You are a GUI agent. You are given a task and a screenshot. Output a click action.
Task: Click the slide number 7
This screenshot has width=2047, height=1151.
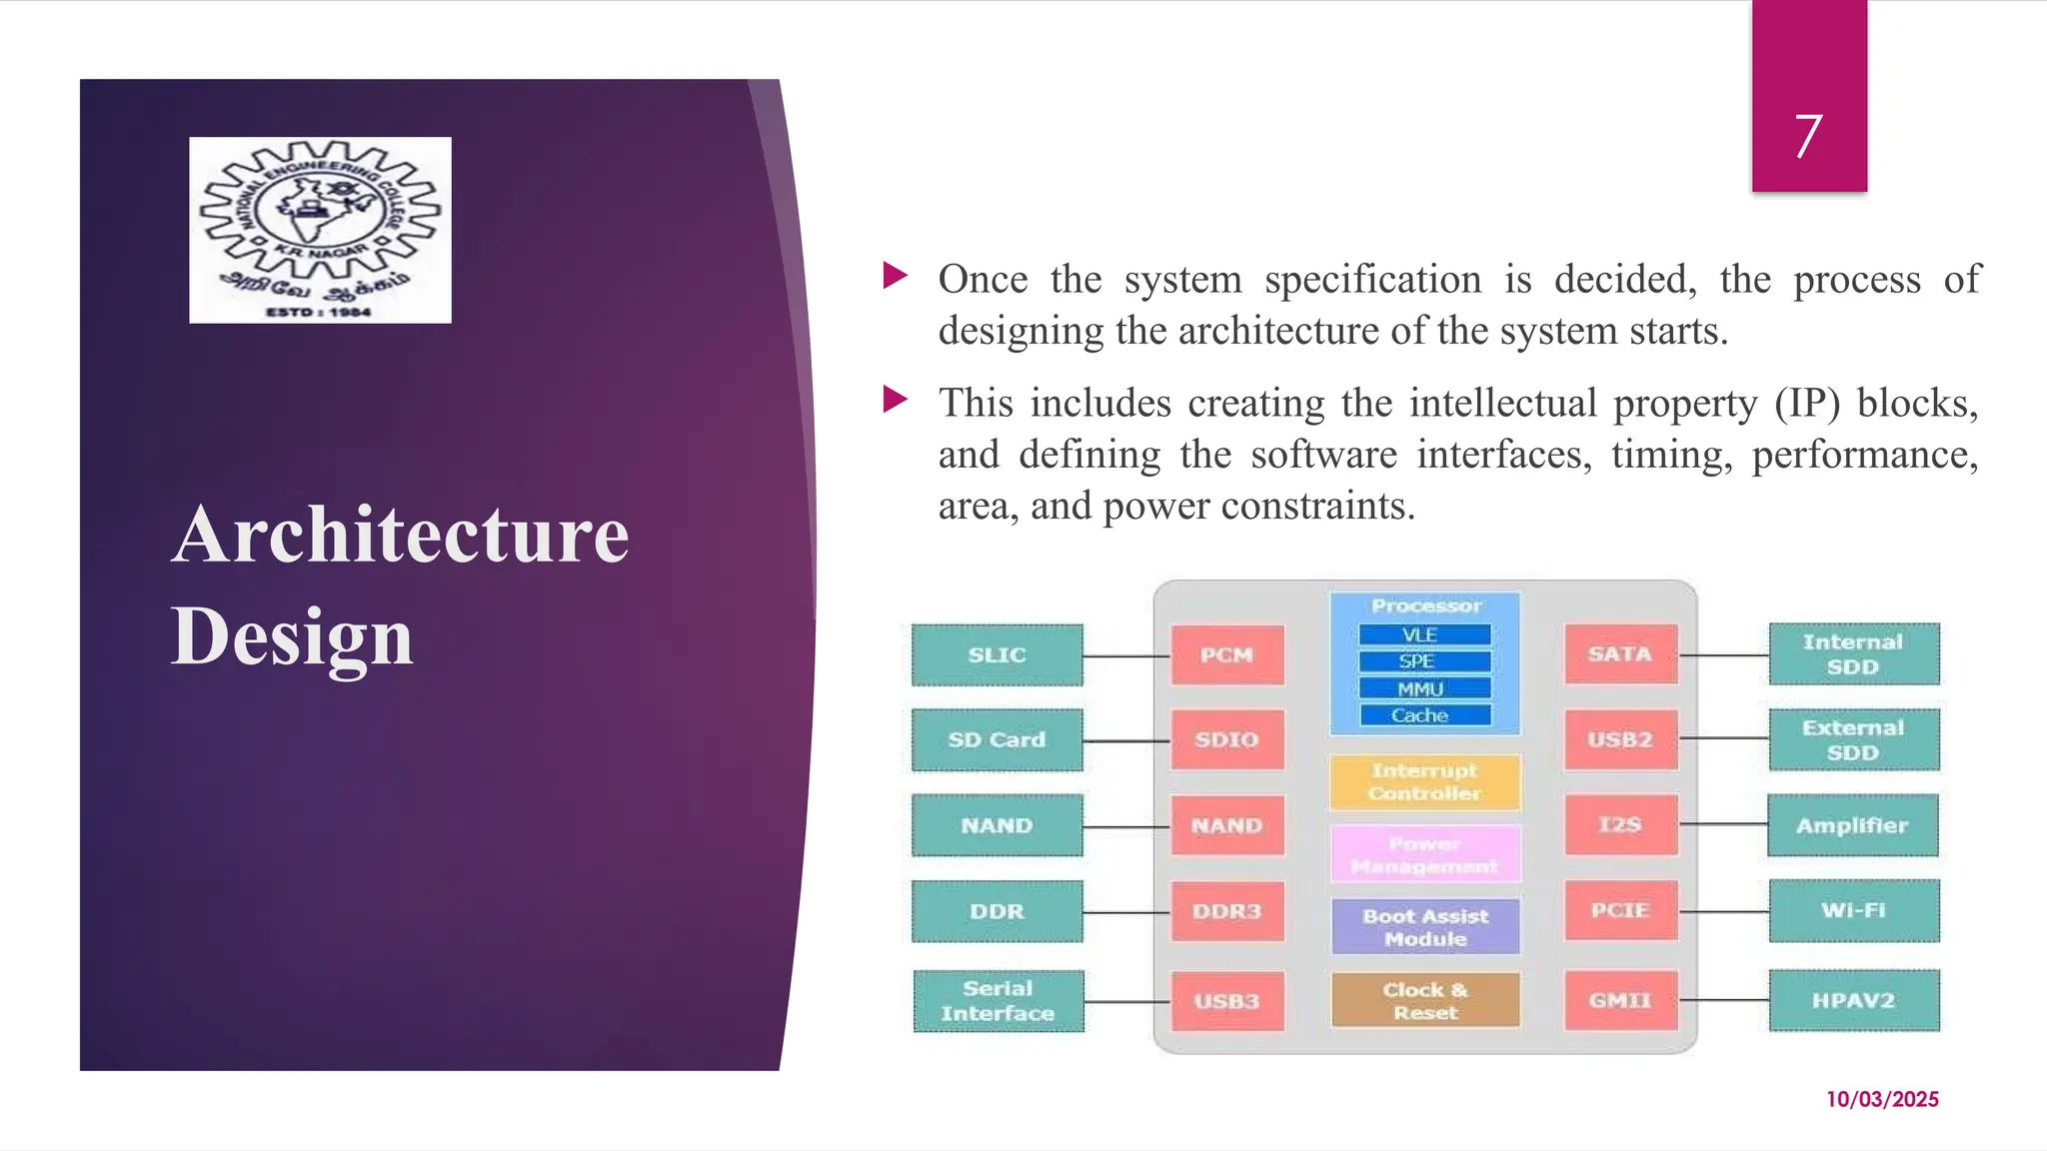(x=1808, y=136)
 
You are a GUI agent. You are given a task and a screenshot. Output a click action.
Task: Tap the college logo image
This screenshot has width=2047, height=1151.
(x=320, y=230)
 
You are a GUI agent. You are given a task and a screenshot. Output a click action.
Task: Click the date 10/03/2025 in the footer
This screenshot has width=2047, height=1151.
(x=1882, y=1099)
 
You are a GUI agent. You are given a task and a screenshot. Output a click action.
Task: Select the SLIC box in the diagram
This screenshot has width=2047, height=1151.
(x=997, y=655)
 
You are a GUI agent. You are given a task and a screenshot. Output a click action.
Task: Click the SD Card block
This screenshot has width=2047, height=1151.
(x=997, y=740)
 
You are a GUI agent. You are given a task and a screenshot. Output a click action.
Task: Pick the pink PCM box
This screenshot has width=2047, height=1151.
(x=1226, y=655)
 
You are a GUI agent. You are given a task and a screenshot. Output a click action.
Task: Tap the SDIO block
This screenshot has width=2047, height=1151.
(x=1226, y=740)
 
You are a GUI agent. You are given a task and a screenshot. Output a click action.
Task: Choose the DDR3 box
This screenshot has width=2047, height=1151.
(x=1226, y=911)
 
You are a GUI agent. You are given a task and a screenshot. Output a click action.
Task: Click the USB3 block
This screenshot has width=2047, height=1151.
(x=1226, y=1001)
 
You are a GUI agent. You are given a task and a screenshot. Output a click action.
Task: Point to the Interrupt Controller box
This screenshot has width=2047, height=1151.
(x=1424, y=782)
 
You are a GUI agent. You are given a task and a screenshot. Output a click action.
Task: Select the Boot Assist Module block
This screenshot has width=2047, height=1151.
(x=1425, y=927)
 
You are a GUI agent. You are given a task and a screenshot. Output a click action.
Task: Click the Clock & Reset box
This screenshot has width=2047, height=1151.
(x=1425, y=1000)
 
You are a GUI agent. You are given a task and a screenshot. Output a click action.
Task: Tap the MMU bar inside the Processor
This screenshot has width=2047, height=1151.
(x=1424, y=689)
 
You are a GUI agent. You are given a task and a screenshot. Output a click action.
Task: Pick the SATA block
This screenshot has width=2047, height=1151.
(x=1620, y=654)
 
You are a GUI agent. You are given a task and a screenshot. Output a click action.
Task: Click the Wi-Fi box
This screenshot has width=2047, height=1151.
(x=1853, y=910)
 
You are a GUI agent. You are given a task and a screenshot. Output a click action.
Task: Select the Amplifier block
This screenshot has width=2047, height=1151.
(x=1852, y=825)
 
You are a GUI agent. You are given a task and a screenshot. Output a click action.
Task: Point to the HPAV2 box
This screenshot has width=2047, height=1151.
(x=1853, y=1000)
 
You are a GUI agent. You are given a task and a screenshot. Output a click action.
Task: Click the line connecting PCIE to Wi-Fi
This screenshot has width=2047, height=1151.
(x=1723, y=911)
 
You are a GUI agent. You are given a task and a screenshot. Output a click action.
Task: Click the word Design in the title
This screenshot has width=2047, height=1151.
(x=292, y=636)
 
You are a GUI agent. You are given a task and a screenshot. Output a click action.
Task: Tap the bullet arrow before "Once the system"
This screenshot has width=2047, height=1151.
(x=896, y=275)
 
